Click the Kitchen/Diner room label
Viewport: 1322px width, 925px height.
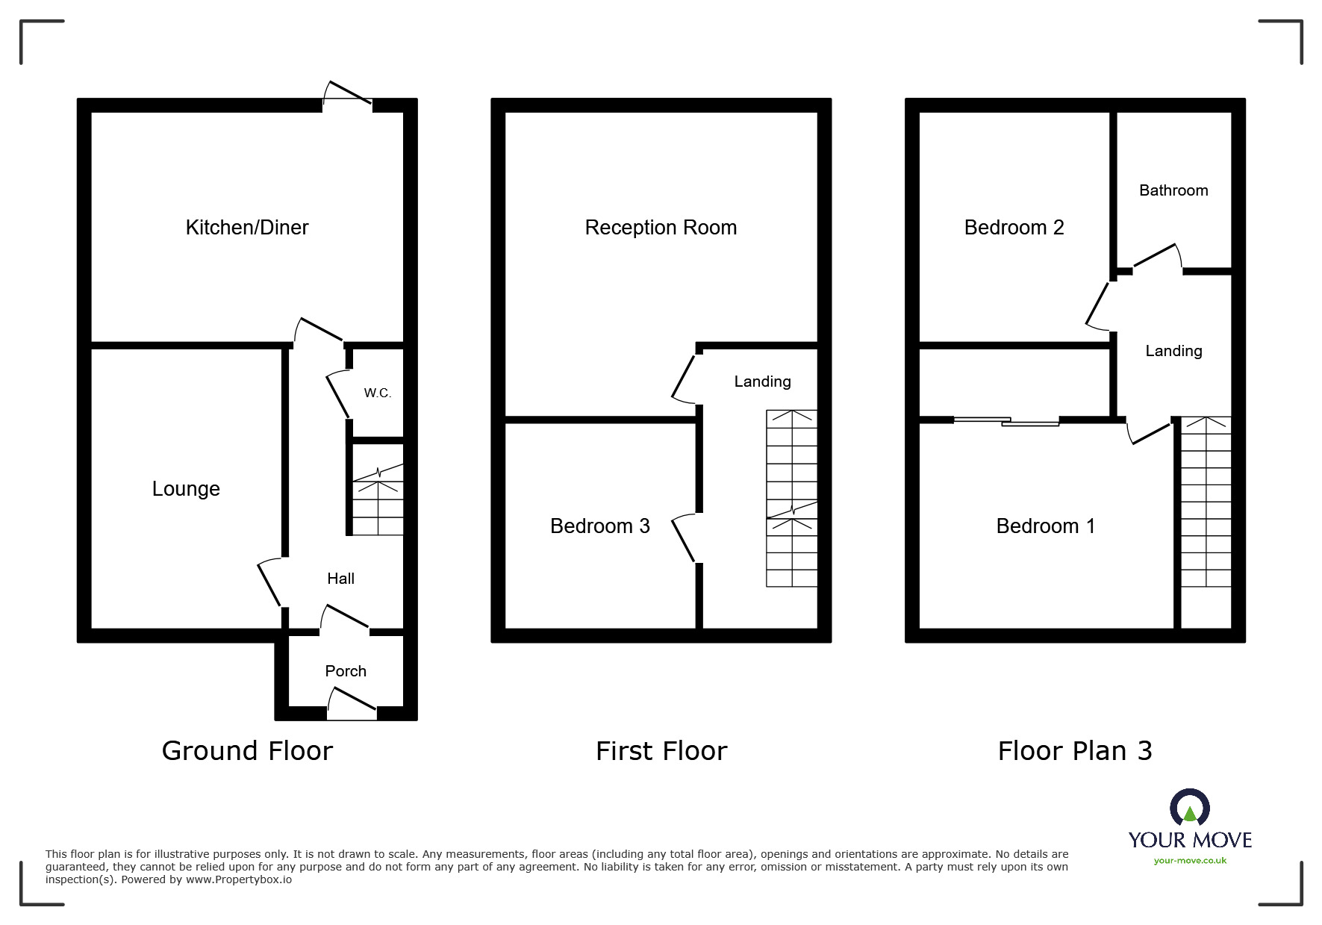coord(246,228)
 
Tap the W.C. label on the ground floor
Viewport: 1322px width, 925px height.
coord(377,393)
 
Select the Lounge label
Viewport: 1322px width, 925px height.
coord(186,489)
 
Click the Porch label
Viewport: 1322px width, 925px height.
coord(346,671)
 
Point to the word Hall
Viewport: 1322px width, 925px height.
coord(340,579)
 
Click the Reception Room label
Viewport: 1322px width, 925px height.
coord(661,228)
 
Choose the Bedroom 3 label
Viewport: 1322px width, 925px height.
coord(599,526)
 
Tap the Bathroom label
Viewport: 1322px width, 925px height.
coord(1173,190)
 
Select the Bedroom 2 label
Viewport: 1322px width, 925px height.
coord(1014,228)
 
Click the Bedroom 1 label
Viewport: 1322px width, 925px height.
coord(1045,526)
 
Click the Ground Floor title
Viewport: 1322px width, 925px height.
coord(247,751)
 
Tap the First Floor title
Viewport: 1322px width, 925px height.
coord(661,751)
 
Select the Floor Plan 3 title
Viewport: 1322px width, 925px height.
coord(1074,751)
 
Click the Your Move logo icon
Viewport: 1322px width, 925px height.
coord(1189,809)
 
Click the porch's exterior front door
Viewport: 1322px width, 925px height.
coord(352,705)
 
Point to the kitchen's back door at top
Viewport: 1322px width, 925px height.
coord(347,97)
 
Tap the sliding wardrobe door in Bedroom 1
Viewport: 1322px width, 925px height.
coord(1006,422)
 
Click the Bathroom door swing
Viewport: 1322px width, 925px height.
coord(1157,258)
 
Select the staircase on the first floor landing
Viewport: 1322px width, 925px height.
coord(791,498)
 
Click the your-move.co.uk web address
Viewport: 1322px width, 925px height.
coord(1190,861)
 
